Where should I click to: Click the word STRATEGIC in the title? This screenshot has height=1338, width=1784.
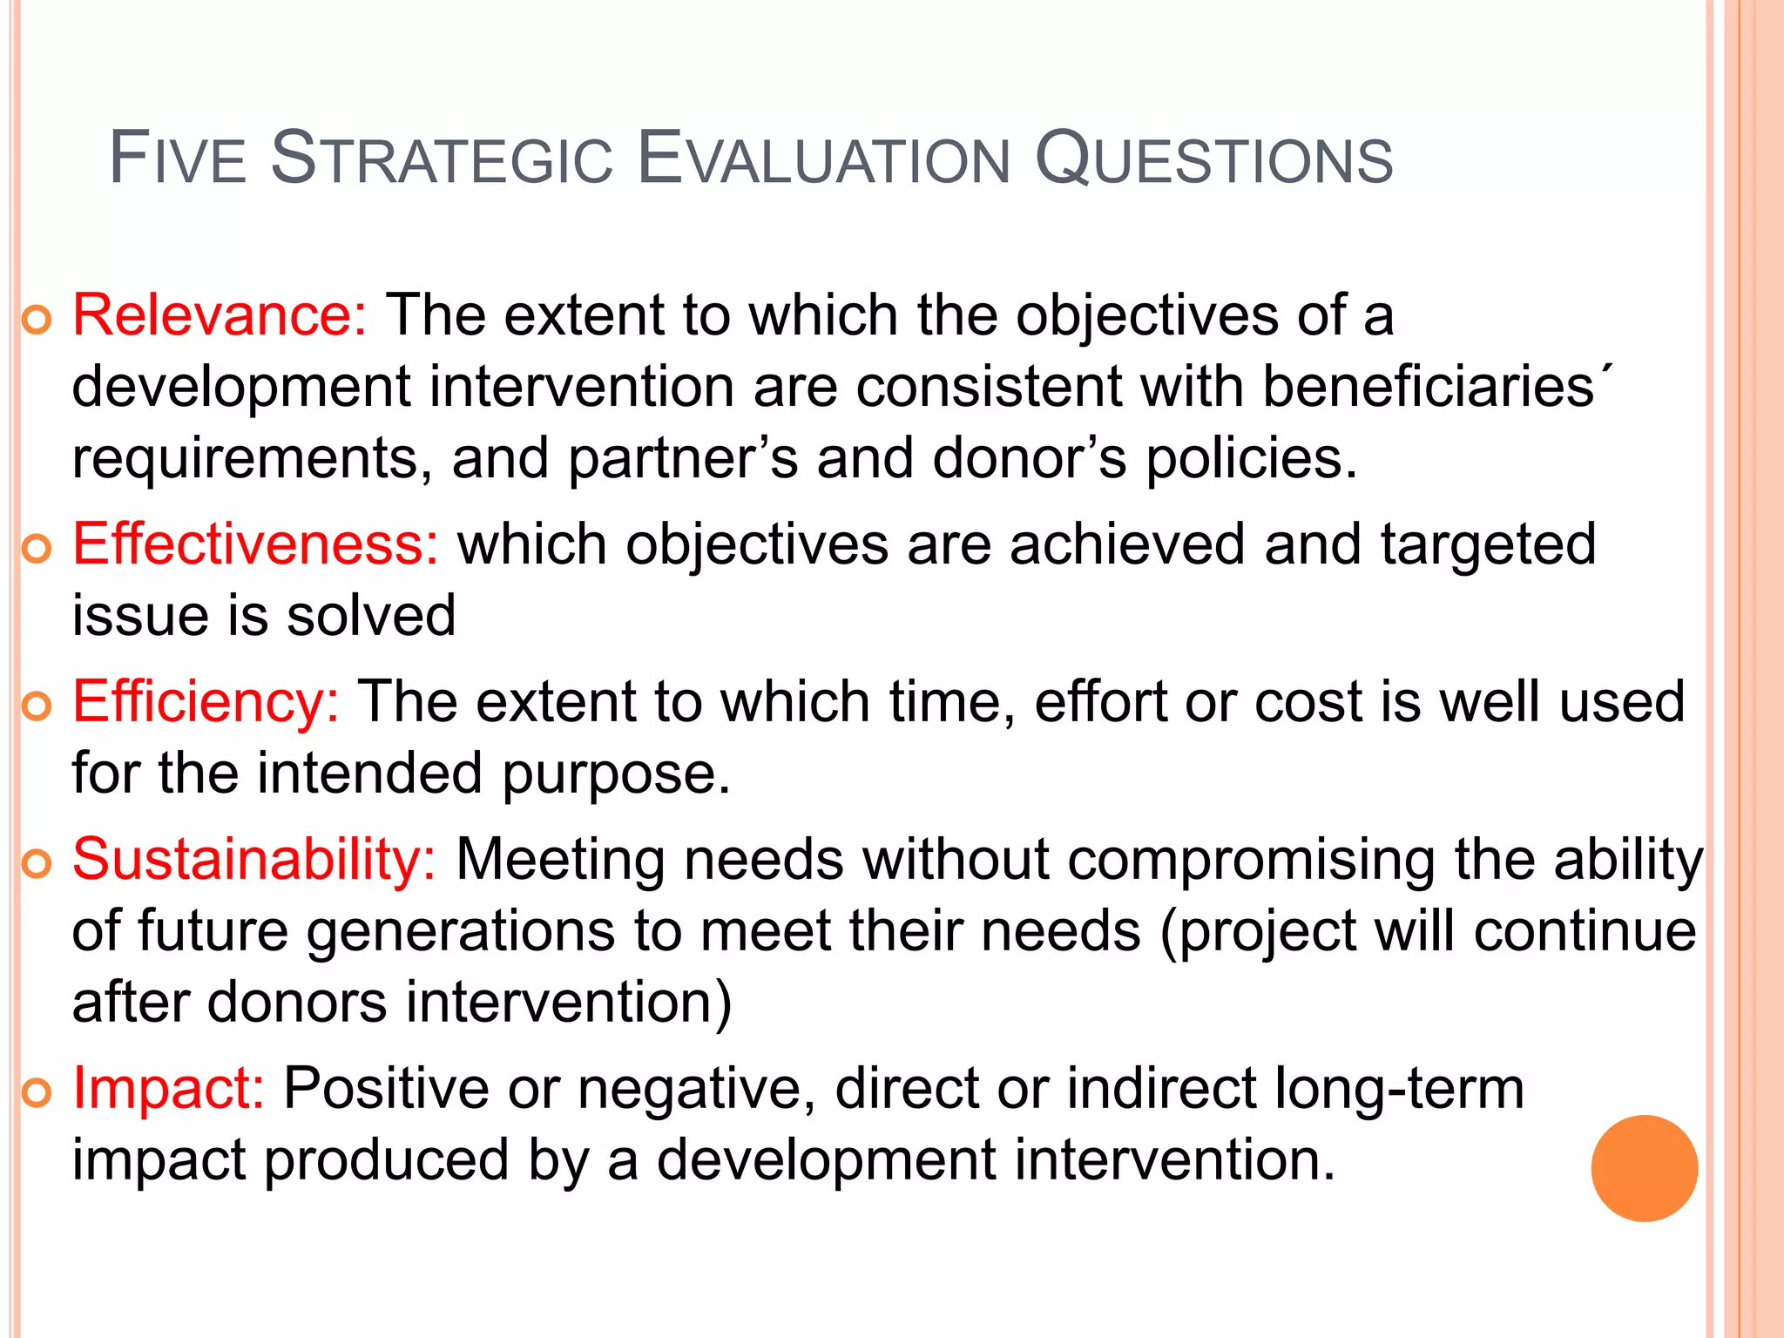pyautogui.click(x=443, y=159)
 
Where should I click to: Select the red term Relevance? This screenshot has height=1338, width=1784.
pyautogui.click(x=220, y=314)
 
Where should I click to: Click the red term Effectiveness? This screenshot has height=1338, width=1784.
pyautogui.click(x=255, y=544)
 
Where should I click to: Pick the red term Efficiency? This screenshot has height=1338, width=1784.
pyautogui.click(x=206, y=701)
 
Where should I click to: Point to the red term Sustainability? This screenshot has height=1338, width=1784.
pyautogui.click(x=253, y=860)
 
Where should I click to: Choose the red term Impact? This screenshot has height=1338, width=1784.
pyautogui.click(x=168, y=1088)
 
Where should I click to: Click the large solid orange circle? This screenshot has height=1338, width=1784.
pyautogui.click(x=1644, y=1168)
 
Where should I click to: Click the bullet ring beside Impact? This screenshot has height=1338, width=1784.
pyautogui.click(x=37, y=1092)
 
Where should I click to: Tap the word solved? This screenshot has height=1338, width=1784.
pyautogui.click(x=371, y=616)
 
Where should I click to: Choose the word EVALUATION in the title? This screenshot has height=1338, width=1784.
pyautogui.click(x=823, y=159)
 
